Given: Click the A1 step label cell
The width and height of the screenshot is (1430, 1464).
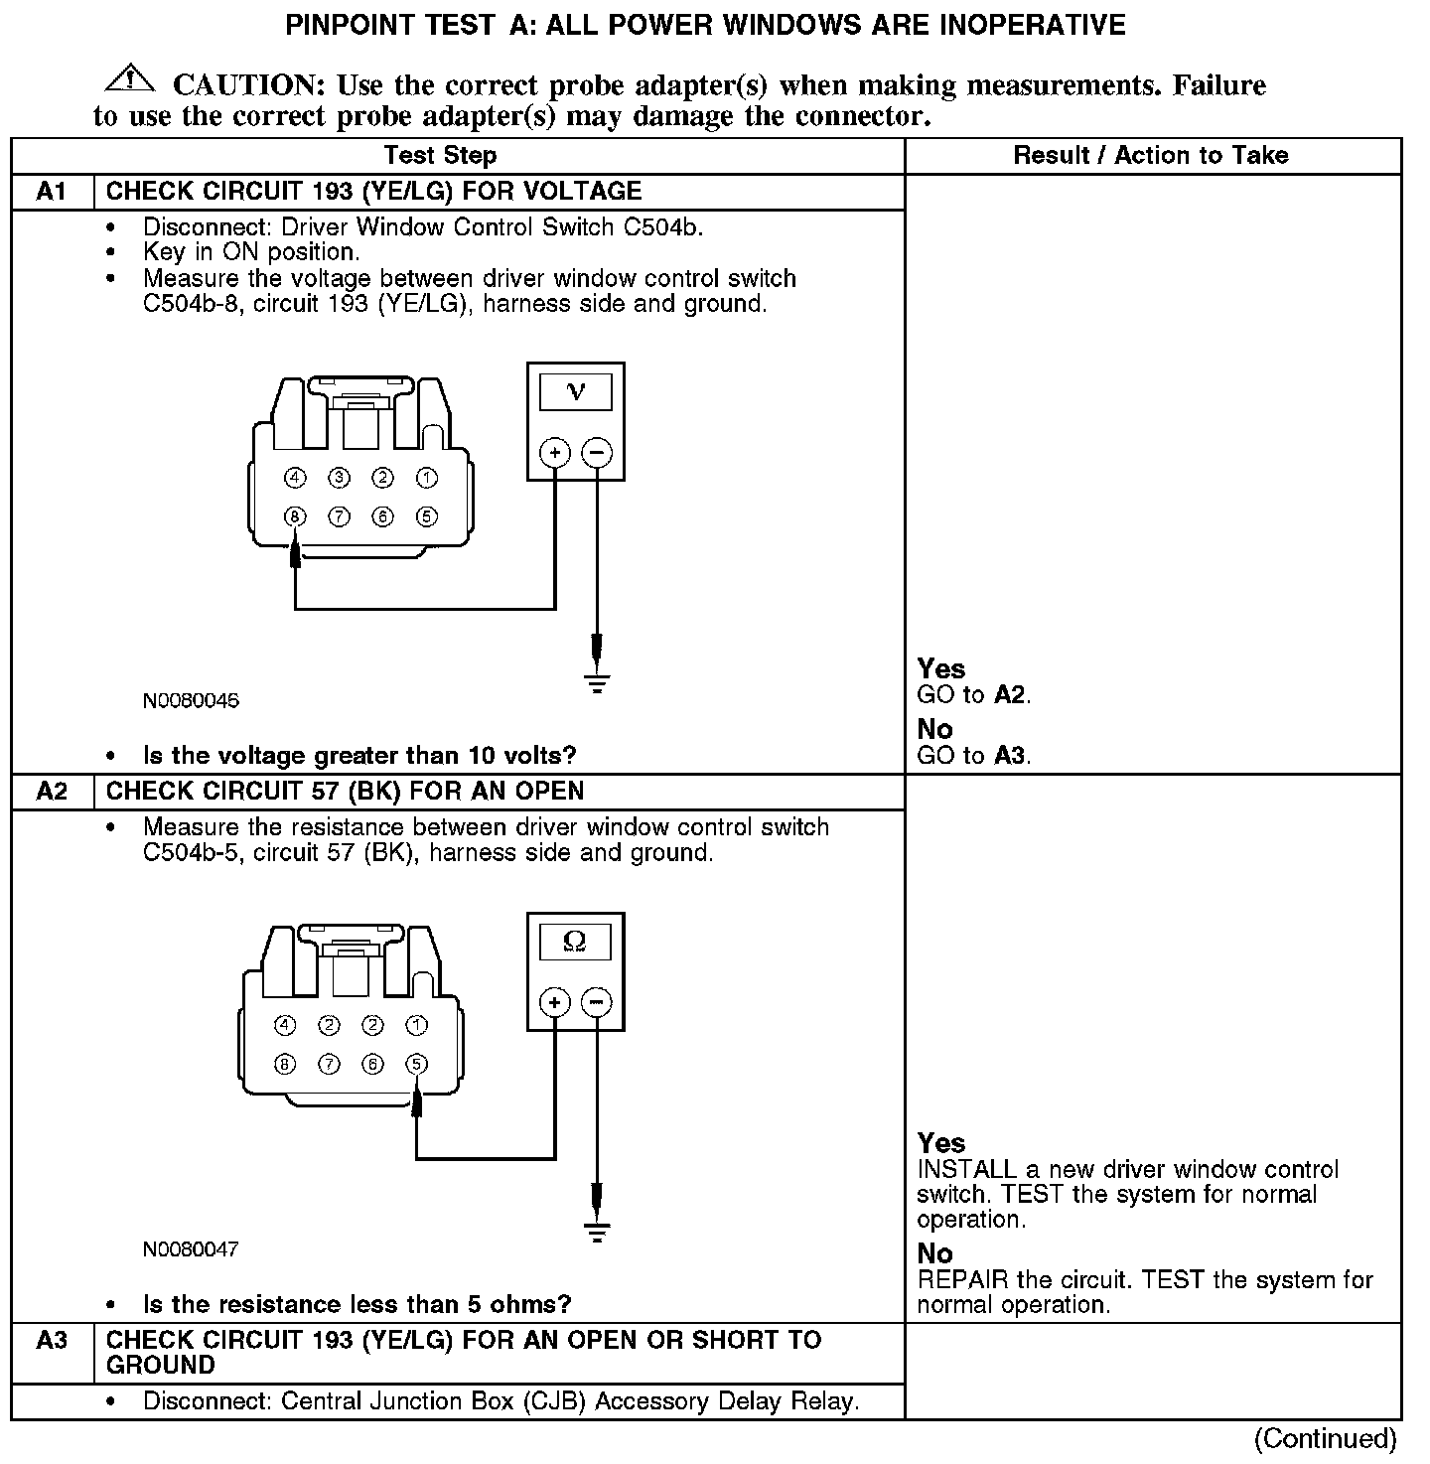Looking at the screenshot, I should point(52,192).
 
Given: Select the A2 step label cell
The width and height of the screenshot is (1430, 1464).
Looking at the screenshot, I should point(52,792).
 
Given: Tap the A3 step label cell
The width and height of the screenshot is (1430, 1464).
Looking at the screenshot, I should point(52,1341).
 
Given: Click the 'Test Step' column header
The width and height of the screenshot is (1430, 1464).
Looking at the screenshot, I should point(440,155).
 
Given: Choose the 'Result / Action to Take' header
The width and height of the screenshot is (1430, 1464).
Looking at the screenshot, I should point(1151,155).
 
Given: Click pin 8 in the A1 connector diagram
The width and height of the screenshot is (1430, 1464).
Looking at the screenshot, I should point(295,516).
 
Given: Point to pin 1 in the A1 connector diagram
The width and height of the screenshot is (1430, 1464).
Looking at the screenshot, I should point(426,479).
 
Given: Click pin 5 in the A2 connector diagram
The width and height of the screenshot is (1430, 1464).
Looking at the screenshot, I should point(417,1064).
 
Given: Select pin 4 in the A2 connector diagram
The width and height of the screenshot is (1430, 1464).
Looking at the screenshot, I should point(285,1025).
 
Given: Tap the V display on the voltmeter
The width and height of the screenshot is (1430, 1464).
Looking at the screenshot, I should point(575,391).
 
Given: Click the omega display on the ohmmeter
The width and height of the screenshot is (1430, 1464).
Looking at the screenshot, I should point(575,941).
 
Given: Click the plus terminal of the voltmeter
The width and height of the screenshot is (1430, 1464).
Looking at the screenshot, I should point(554,454).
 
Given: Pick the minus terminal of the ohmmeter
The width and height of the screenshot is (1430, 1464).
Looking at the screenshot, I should point(596,1002).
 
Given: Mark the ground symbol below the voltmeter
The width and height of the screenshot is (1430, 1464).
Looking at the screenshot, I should point(597,683).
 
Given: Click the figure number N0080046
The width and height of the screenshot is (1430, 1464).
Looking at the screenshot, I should point(191,700).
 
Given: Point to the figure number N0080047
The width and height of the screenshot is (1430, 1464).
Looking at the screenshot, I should point(191,1248).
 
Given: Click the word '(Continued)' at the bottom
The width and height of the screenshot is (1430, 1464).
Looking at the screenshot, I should point(1325,1437).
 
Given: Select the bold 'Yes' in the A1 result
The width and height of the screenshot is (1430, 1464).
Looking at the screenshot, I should point(940,668).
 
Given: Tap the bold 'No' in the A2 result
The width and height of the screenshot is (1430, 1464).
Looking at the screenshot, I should point(934,1253).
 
